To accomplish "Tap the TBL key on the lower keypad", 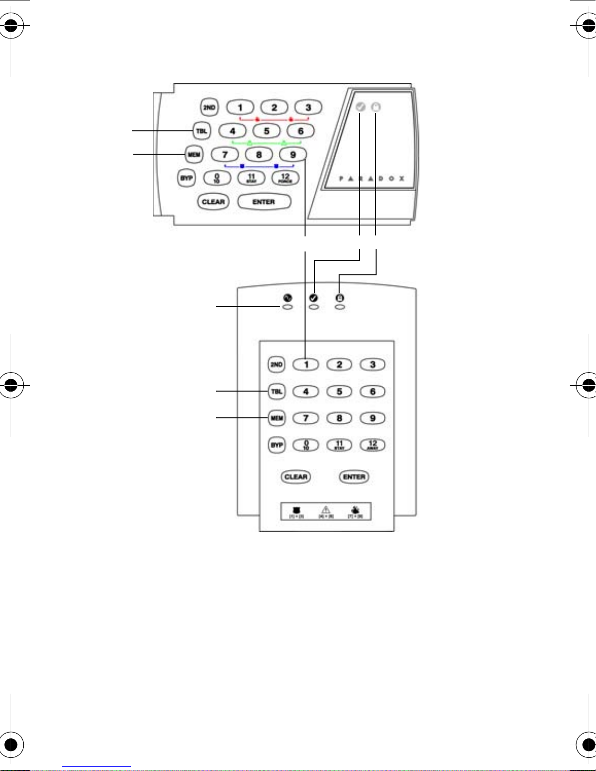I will [277, 392].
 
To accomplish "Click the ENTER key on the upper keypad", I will [264, 202].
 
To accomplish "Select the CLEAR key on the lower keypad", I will [296, 477].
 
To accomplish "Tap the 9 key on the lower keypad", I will [373, 418].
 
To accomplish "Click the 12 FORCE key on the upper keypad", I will [285, 178].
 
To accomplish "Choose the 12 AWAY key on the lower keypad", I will [373, 445].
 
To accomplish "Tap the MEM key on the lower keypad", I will [277, 418].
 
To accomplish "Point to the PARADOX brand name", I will [371, 179].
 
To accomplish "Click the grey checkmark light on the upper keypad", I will [361, 107].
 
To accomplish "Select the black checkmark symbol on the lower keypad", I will [314, 298].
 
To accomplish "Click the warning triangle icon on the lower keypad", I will [326, 510].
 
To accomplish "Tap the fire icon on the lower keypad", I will [356, 510].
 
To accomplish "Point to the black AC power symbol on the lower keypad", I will [288, 298].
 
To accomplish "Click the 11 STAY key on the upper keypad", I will [251, 178].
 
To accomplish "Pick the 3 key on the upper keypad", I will [308, 108].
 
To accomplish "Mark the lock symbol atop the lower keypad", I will [340, 298].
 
